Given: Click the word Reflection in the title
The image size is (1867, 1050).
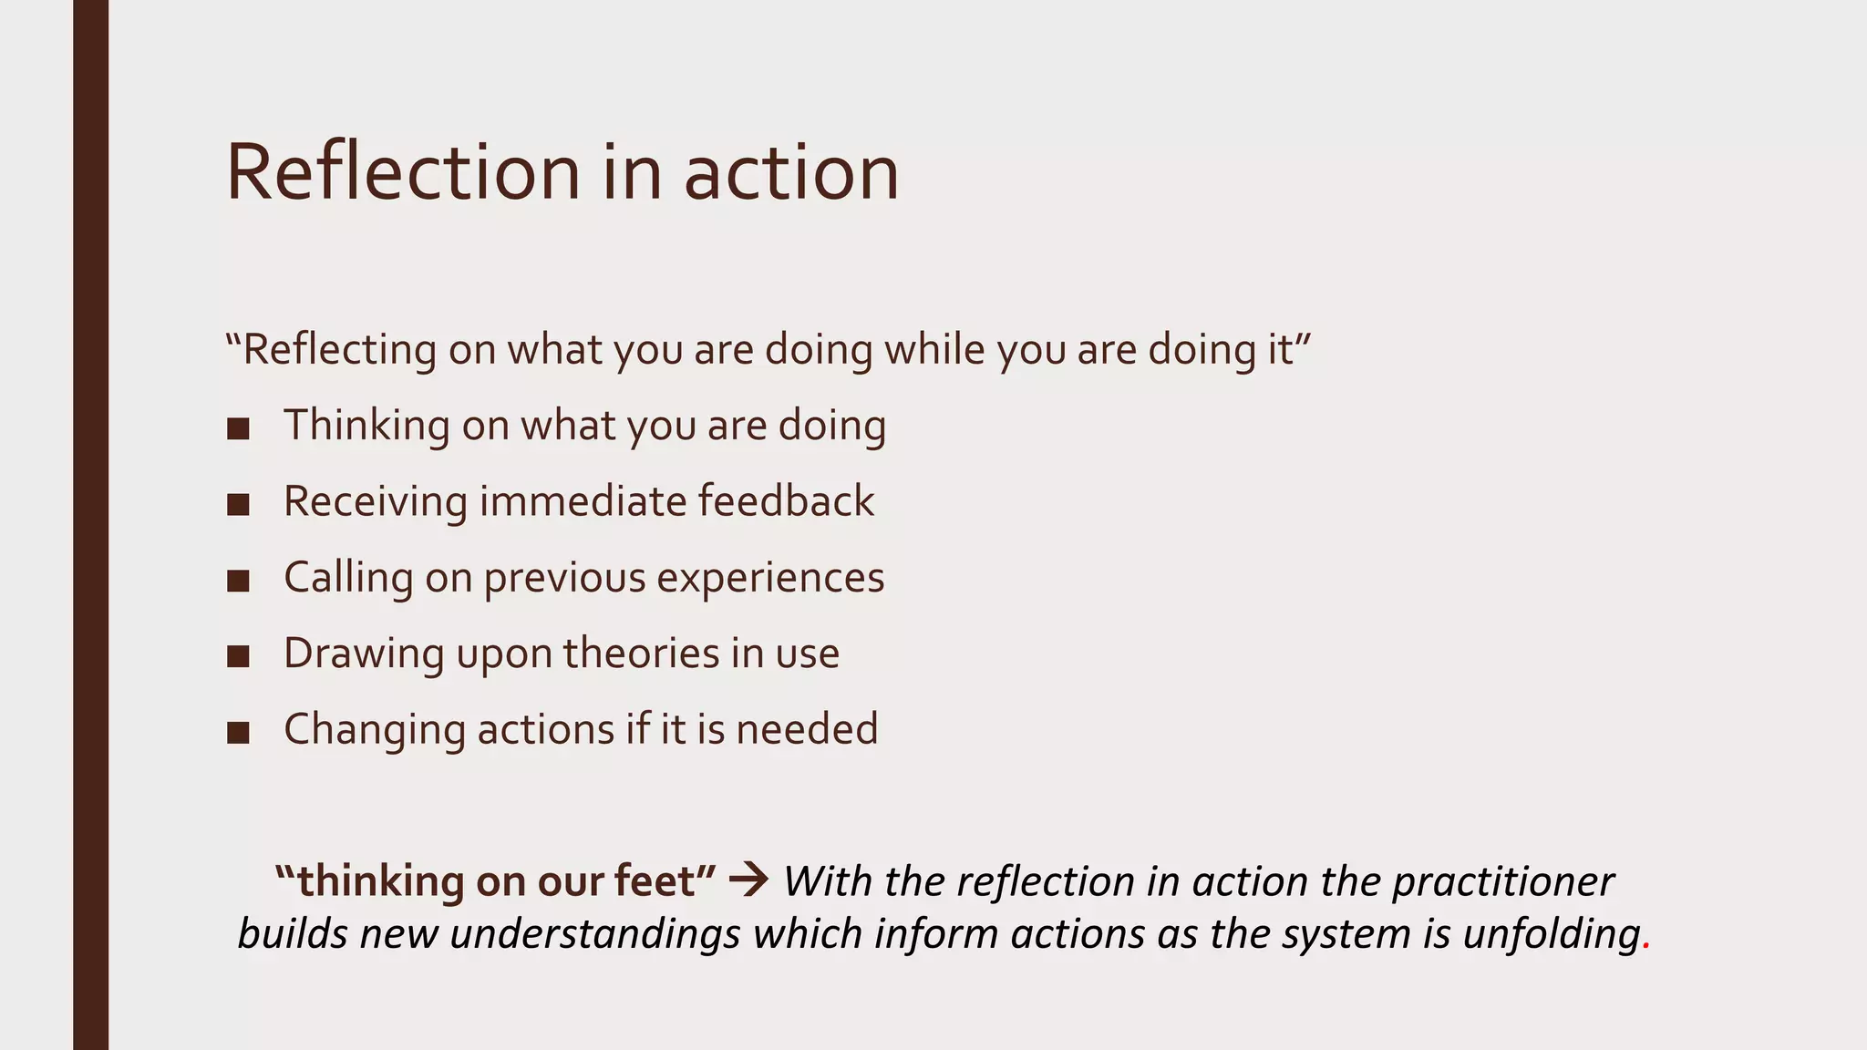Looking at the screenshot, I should coord(402,172).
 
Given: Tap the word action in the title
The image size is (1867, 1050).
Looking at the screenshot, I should coord(791,172).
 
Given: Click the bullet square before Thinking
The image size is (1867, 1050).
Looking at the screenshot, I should coord(238,428).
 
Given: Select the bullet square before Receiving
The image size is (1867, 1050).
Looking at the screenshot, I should coord(238,504).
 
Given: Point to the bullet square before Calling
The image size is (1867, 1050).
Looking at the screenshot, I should coord(238,581).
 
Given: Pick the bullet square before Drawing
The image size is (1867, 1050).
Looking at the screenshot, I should coord(238,656).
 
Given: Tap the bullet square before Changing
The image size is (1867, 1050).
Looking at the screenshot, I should coord(238,732).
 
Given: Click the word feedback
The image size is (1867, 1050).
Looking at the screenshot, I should coord(786,500).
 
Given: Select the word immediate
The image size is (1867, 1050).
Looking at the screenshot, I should coord(583,500).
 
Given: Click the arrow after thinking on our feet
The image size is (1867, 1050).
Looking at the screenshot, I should coord(749,880).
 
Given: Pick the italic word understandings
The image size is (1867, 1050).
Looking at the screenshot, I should coord(594,934).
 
